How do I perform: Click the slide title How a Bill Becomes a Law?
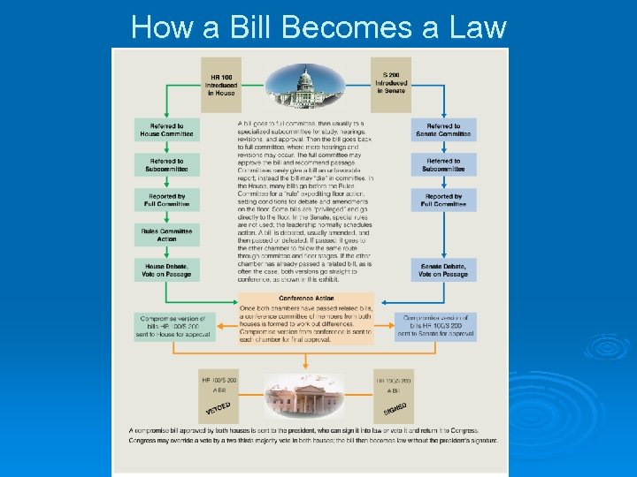[318, 26]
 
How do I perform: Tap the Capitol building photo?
[307, 85]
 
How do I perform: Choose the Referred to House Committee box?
[167, 130]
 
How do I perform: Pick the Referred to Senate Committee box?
[443, 130]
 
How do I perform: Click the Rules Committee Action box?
[167, 234]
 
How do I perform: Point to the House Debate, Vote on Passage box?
[167, 269]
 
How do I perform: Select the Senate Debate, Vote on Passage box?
[443, 269]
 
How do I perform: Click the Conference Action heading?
[306, 298]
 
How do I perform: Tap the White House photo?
[305, 396]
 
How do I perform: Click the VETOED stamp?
[219, 410]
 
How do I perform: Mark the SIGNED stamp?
[395, 410]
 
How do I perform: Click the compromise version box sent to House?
[173, 326]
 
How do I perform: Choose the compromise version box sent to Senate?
[439, 326]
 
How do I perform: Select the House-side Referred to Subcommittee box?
[167, 165]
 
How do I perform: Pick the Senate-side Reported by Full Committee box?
[443, 201]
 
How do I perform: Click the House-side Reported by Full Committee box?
[167, 201]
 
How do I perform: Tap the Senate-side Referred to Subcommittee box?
[443, 165]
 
